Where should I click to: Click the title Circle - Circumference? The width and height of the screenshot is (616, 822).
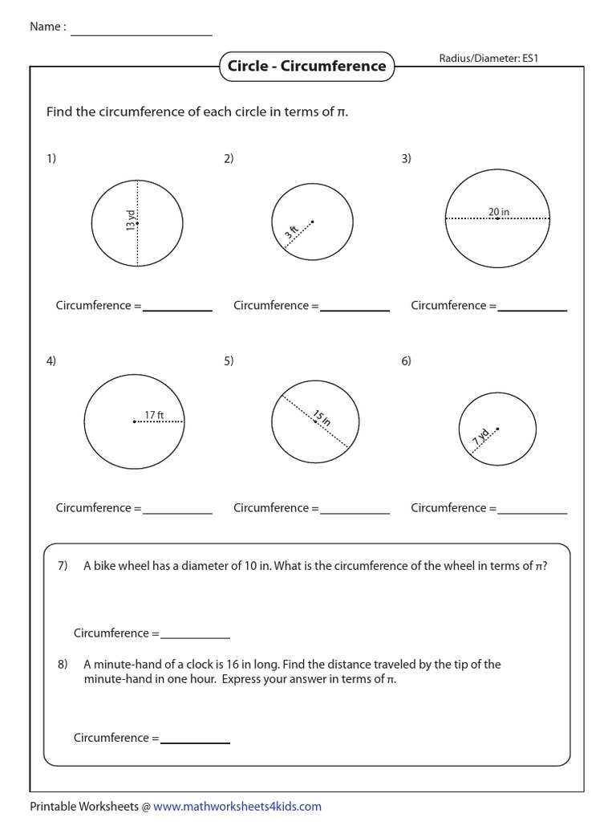click(x=306, y=67)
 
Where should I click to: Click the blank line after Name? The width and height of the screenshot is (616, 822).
click(x=141, y=34)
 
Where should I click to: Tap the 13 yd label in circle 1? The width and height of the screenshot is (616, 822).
click(x=131, y=221)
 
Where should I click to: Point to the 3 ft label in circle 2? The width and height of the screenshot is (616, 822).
click(x=291, y=234)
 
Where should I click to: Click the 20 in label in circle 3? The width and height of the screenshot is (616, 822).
click(x=499, y=212)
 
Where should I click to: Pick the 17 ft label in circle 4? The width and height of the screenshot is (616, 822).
click(x=154, y=415)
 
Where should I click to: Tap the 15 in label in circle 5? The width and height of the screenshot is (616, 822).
click(x=321, y=418)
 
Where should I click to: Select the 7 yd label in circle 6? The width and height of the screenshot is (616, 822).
click(x=480, y=438)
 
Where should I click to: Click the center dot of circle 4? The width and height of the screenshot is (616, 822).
click(x=134, y=421)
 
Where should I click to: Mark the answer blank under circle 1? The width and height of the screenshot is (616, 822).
click(x=177, y=309)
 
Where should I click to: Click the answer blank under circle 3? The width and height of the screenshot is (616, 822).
click(x=532, y=309)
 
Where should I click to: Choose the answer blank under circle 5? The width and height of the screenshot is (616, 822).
click(x=355, y=511)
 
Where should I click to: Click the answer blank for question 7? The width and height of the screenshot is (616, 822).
click(x=195, y=637)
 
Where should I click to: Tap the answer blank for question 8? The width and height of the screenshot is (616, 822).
click(x=195, y=742)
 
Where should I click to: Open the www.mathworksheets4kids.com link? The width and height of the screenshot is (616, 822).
click(x=237, y=806)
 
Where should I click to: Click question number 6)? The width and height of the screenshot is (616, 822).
click(x=407, y=361)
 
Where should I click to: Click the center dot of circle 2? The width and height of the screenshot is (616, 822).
click(x=312, y=222)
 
